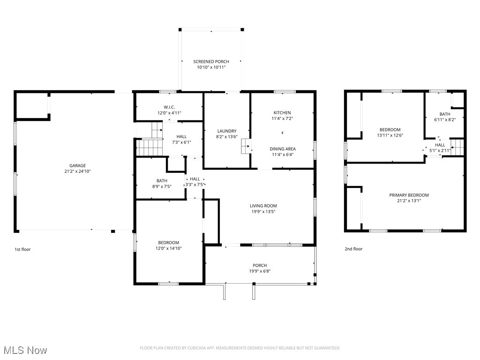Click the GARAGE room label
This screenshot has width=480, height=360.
pos(78,165)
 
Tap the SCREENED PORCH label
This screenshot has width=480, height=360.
pos(211,61)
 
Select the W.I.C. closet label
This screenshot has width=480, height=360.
pos(169,107)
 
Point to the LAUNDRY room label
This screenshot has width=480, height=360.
pos(227,131)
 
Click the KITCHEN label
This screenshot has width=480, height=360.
pos(282,112)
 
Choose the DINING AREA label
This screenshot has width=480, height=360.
pos(282,149)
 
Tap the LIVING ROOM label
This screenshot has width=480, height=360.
pos(263,205)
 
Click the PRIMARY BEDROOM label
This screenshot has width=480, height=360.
pos(409,195)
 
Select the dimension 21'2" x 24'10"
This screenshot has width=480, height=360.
pos(78,172)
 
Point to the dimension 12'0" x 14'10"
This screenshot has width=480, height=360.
pos(168,248)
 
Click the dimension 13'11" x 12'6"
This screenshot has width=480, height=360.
pos(390,135)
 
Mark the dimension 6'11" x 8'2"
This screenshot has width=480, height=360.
pos(444,120)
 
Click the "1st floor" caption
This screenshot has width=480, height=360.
pos(22,249)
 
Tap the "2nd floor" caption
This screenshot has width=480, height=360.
pos(353,249)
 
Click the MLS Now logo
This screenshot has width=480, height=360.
pos(25,350)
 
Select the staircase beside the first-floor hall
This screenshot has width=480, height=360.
pos(150,147)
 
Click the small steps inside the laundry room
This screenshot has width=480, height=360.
pos(245,146)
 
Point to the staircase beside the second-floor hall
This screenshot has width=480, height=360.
pos(457,147)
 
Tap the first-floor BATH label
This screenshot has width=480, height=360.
pos(162,180)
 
